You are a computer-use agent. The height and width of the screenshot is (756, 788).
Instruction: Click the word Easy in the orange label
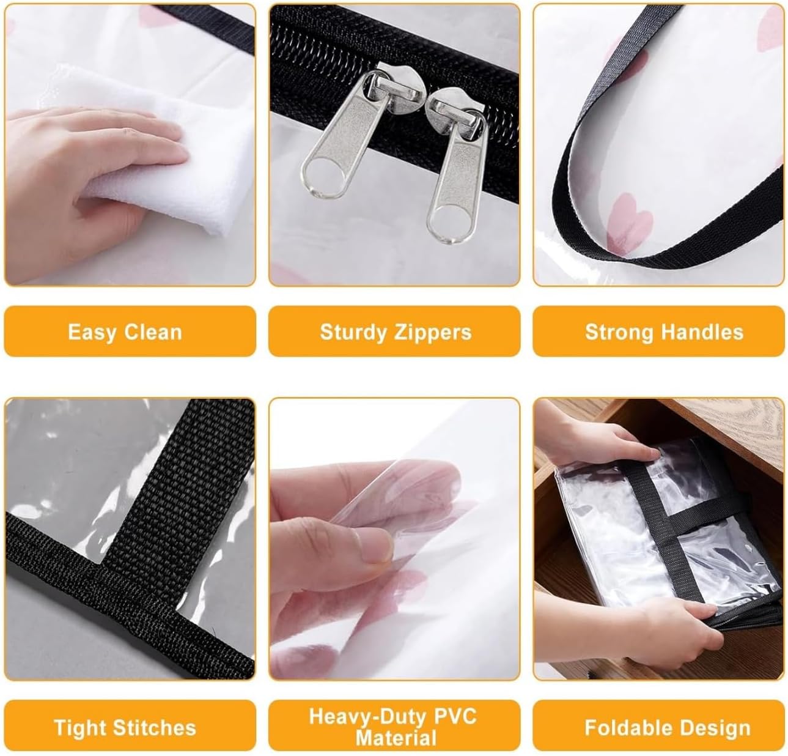[x=93, y=333]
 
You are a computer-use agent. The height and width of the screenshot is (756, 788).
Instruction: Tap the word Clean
[x=153, y=332]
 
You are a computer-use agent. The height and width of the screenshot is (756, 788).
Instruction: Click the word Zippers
[x=433, y=333]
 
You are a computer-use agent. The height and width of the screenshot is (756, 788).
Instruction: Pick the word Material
[x=396, y=738]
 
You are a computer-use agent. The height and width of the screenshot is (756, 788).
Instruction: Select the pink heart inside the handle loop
[x=630, y=223]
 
